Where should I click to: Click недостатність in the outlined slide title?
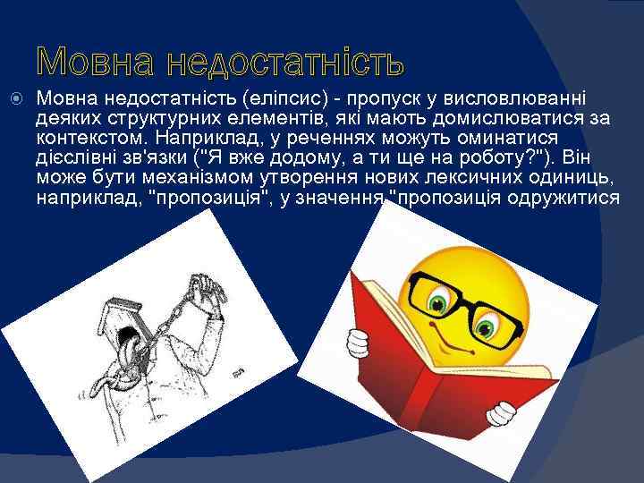pyautogui.click(x=287, y=62)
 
